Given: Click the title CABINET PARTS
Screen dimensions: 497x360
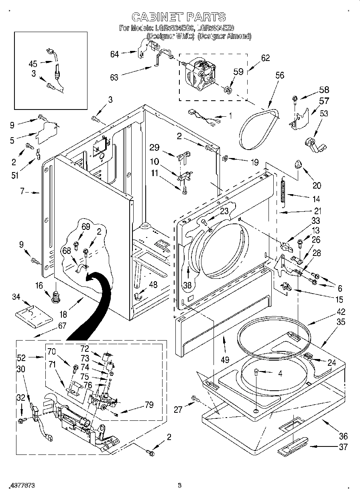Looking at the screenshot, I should tap(179, 16).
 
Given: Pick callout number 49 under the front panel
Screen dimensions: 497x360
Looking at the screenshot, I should tap(225, 359).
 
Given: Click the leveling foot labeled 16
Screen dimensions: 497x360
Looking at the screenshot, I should tap(55, 298).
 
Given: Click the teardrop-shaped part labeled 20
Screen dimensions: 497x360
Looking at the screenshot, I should tap(298, 164).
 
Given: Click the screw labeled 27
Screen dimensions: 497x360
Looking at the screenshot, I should tap(196, 398).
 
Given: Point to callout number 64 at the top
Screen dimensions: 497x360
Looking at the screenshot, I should tap(115, 54).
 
